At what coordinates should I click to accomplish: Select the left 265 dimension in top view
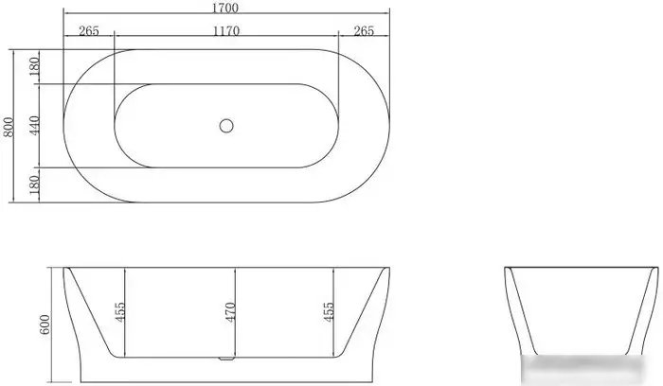(x=89, y=30)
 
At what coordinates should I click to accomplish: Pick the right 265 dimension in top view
(x=364, y=30)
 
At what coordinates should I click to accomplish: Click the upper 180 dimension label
(x=34, y=66)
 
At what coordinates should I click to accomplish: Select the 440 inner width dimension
(x=34, y=125)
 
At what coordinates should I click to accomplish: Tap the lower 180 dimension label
(x=34, y=184)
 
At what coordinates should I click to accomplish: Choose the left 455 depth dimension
(x=120, y=312)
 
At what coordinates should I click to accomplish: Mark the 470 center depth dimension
(x=230, y=312)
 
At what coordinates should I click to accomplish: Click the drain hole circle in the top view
(x=226, y=124)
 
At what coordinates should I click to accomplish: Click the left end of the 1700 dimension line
(x=63, y=15)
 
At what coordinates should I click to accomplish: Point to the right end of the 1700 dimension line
(x=388, y=15)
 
